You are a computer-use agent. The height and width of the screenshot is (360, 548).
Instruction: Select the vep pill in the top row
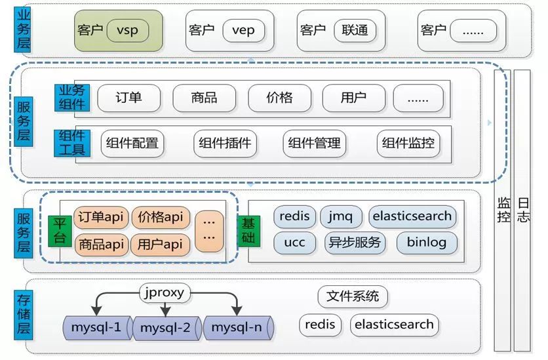tap(243, 30)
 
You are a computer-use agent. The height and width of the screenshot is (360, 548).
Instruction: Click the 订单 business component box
tap(129, 98)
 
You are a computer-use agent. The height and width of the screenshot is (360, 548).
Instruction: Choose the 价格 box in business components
tap(279, 98)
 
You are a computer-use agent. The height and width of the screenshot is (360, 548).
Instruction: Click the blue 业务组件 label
tap(73, 98)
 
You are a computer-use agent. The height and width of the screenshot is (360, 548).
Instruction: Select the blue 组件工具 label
tap(73, 143)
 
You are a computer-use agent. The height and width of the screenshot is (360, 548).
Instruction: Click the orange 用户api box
tap(160, 245)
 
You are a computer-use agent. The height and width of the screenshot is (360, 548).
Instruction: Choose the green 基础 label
tap(248, 230)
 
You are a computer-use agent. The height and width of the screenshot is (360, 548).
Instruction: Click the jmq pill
tap(341, 216)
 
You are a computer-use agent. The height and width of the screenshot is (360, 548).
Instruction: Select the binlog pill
tap(427, 243)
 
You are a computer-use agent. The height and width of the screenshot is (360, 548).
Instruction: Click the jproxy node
tap(164, 292)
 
